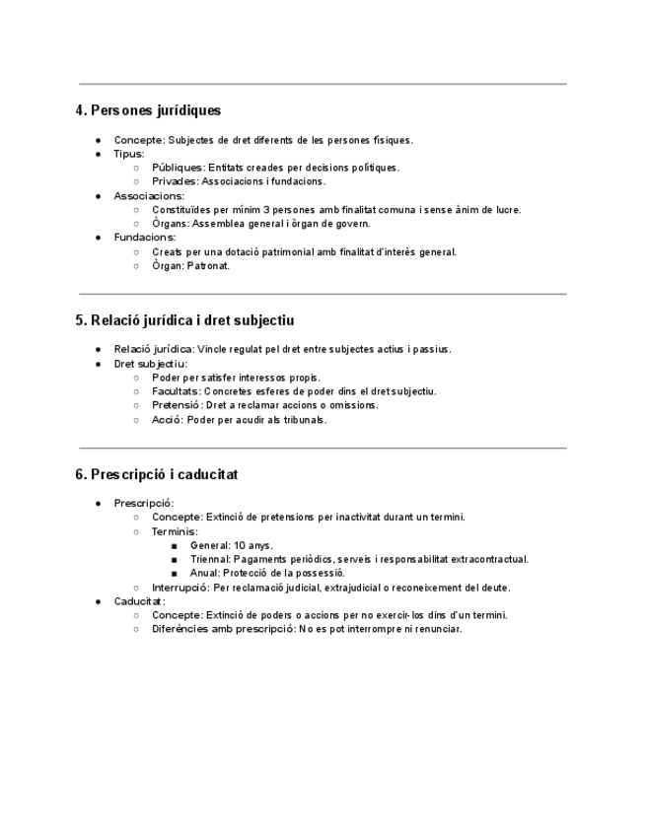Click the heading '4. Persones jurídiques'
click(148, 110)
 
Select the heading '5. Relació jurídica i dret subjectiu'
click(184, 320)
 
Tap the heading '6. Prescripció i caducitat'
click(156, 474)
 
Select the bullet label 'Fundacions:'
click(144, 238)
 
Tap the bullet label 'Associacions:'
click(149, 195)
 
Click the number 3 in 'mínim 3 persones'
click(265, 210)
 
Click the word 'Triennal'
click(210, 559)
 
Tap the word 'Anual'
click(204, 573)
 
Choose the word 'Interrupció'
click(179, 588)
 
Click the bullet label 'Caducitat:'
click(139, 601)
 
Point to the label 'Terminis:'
click(175, 531)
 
